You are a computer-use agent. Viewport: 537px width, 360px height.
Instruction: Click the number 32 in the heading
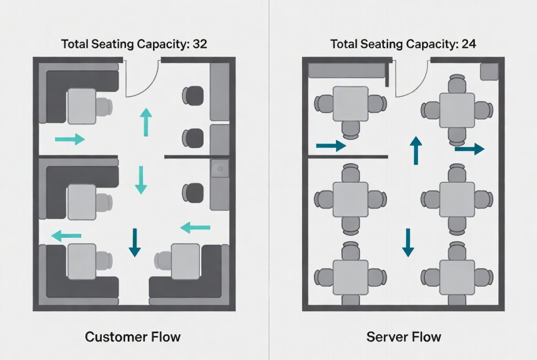coord(200,44)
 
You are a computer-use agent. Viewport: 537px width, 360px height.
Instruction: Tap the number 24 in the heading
coord(469,44)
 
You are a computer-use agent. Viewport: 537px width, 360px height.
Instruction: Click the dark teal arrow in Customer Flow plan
coord(135,242)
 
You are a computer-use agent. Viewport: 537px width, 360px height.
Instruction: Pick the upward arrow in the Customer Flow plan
coord(146,122)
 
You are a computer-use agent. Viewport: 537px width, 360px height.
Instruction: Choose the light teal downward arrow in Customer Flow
coord(141,180)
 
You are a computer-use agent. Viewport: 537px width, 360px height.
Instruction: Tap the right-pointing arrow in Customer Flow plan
coord(70,139)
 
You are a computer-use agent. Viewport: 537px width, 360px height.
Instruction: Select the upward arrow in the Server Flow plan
coord(416,150)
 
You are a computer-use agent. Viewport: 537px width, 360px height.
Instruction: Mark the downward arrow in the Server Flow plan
coord(408,243)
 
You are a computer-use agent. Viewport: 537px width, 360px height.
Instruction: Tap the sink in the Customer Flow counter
coord(220,168)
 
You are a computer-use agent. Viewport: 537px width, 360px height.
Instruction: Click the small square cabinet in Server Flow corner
coord(489,71)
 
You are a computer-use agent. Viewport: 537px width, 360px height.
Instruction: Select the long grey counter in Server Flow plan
coord(347,71)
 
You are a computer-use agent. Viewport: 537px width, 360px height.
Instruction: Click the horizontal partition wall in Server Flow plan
coord(348,157)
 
